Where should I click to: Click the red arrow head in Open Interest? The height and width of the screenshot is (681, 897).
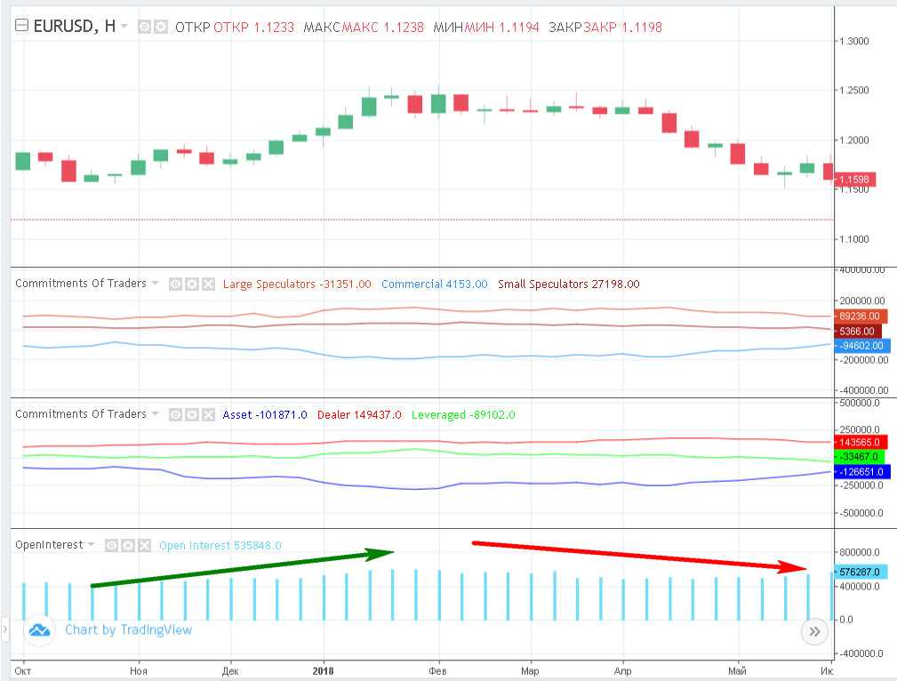pyautogui.click(x=794, y=567)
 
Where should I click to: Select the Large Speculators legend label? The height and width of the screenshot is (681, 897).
pyautogui.click(x=268, y=284)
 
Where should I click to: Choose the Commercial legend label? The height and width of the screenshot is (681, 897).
pyautogui.click(x=412, y=284)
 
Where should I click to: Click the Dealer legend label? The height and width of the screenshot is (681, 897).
pyautogui.click(x=333, y=414)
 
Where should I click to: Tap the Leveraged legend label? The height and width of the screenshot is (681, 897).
pyautogui.click(x=439, y=414)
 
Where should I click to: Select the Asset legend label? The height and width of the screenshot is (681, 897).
pyautogui.click(x=237, y=414)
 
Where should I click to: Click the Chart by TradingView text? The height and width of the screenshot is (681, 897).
pyautogui.click(x=128, y=630)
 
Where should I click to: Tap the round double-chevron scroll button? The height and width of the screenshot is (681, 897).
pyautogui.click(x=814, y=632)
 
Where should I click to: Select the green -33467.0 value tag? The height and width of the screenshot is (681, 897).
pyautogui.click(x=860, y=457)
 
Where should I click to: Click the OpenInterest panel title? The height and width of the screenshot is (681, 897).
pyautogui.click(x=49, y=544)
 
